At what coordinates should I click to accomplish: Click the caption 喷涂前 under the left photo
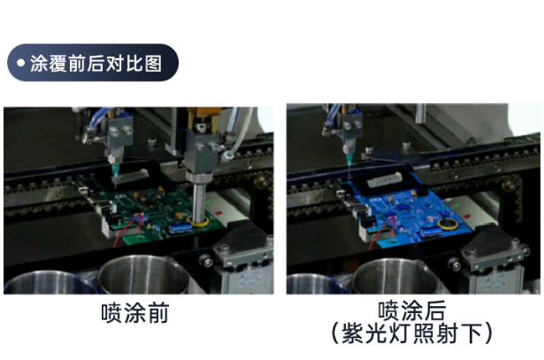(133, 312)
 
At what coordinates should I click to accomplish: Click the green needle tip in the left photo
(115, 172)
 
